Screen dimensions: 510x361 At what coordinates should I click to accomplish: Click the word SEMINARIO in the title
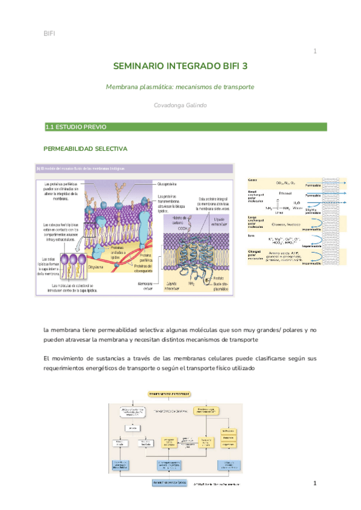(x=139, y=67)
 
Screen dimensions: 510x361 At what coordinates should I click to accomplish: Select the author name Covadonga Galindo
(x=180, y=105)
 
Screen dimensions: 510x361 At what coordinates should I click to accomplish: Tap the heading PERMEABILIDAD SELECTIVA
(x=85, y=148)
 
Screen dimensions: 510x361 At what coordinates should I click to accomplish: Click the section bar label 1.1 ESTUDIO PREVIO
(x=76, y=127)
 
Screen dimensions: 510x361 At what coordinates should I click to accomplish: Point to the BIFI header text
(x=50, y=32)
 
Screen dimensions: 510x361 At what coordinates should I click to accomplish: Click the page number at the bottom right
(x=314, y=484)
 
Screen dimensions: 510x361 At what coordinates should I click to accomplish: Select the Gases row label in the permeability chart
(x=253, y=180)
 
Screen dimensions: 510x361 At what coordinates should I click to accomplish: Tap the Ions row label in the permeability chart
(x=251, y=236)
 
